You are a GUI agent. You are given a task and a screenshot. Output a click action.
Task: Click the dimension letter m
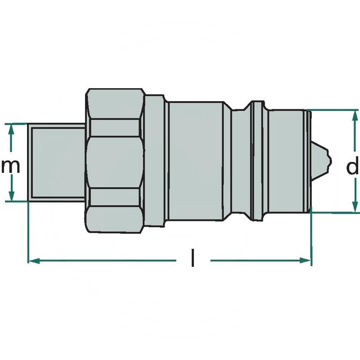pyautogui.click(x=10, y=166)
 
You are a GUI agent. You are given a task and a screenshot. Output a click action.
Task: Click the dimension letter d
pyautogui.click(x=352, y=167)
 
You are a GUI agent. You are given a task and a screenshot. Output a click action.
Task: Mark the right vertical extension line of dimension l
pyautogui.click(x=311, y=238)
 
